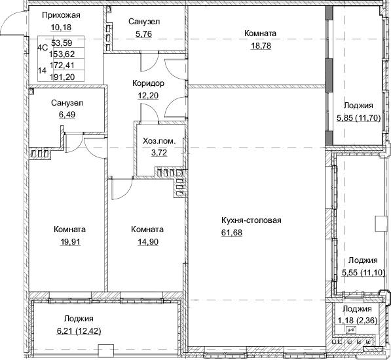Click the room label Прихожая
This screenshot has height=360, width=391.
(x=56, y=14)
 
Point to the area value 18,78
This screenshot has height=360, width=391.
(x=259, y=45)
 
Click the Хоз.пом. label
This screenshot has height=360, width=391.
(x=159, y=141)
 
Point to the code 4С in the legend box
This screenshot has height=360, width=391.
(x=43, y=47)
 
